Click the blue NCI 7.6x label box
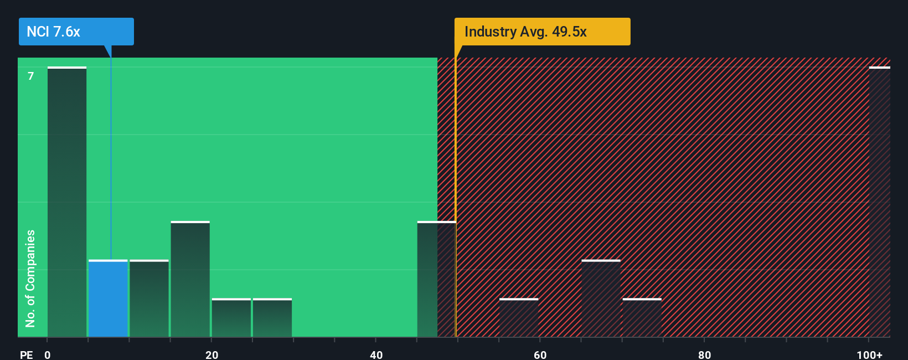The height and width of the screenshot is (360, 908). click(76, 32)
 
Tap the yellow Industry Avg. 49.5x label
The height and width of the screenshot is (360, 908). click(542, 32)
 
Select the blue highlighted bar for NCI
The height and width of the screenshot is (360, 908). click(108, 299)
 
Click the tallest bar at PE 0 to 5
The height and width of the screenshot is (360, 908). click(67, 202)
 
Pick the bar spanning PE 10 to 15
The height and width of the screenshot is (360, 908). click(149, 299)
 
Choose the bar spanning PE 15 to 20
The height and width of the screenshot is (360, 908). click(190, 279)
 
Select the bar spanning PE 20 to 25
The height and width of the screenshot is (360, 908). click(231, 318)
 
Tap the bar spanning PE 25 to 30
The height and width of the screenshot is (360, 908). click(272, 318)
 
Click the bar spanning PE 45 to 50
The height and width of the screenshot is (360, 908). click(436, 279)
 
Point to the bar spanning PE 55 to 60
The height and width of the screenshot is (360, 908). click(519, 318)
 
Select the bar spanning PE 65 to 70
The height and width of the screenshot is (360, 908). click(601, 299)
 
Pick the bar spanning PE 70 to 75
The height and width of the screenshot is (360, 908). click(642, 318)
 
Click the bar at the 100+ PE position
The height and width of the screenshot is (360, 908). click(879, 202)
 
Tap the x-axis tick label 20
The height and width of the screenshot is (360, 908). click(211, 354)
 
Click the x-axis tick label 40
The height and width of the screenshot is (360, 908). click(376, 354)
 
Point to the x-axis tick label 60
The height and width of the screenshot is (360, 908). click(540, 354)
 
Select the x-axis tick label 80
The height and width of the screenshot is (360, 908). click(704, 354)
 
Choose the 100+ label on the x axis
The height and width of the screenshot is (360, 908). click(869, 354)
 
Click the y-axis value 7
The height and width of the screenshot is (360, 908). click(31, 76)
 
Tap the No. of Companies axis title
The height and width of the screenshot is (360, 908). click(30, 278)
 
